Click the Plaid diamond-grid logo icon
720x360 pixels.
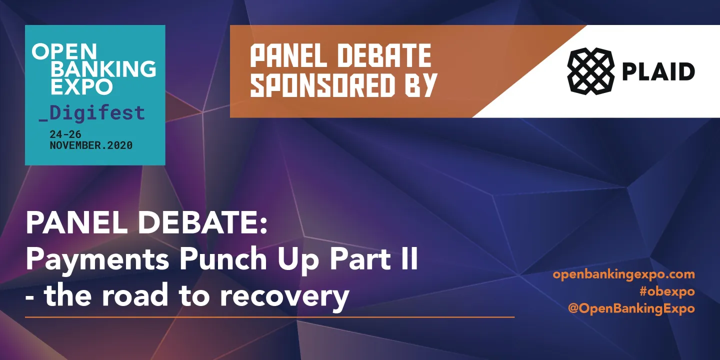(590, 70)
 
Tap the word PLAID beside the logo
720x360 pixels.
(658, 71)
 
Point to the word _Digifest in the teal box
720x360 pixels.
(92, 112)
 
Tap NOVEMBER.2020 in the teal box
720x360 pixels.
(91, 145)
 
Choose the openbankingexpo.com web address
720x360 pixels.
(623, 274)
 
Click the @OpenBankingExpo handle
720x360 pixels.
(631, 308)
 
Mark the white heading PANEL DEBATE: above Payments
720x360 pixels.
(146, 223)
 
